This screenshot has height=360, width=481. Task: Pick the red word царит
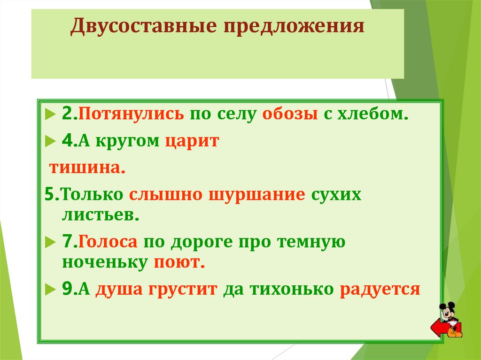click(x=192, y=141)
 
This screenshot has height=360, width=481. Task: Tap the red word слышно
click(x=164, y=194)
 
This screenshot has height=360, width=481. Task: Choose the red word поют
click(x=178, y=262)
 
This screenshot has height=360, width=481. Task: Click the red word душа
click(x=119, y=289)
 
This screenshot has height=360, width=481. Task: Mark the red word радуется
click(x=379, y=289)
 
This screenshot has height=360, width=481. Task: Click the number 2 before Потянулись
click(x=67, y=114)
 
